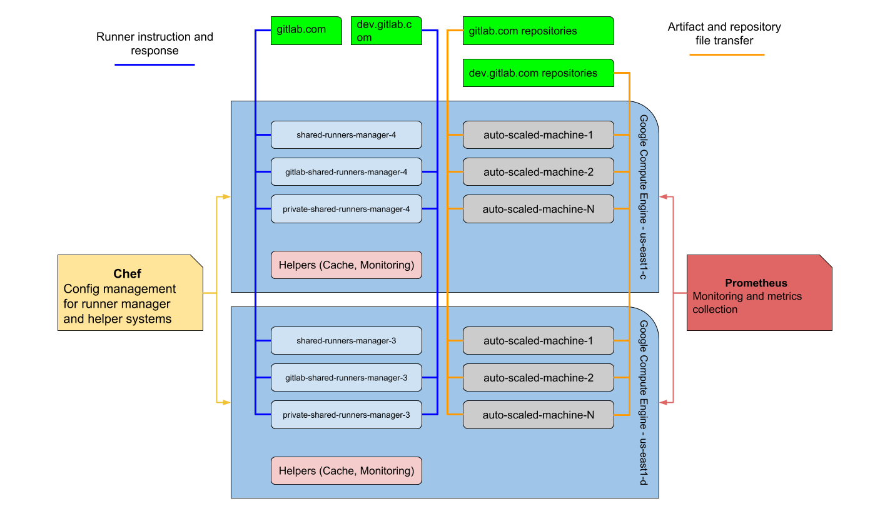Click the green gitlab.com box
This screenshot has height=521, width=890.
tap(306, 31)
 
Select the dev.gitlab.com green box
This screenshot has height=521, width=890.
tap(386, 31)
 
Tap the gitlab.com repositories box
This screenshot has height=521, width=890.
tap(538, 31)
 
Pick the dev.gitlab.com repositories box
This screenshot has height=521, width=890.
tap(538, 73)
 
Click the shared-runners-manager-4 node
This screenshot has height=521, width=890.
tap(346, 134)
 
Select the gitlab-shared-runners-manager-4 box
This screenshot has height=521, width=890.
tap(346, 171)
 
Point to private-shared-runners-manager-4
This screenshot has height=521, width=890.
tap(346, 209)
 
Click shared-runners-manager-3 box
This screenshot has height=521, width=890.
tap(346, 341)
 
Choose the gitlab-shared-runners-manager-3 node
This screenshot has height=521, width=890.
tap(346, 378)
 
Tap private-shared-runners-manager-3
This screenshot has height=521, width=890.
tap(346, 415)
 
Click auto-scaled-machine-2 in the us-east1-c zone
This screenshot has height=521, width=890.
tap(538, 171)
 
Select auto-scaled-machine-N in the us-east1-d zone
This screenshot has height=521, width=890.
tap(538, 415)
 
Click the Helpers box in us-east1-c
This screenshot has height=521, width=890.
tap(346, 265)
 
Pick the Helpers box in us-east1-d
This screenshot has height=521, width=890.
tap(346, 470)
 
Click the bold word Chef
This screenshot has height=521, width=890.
tap(127, 274)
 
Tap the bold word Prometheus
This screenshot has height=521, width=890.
tap(756, 283)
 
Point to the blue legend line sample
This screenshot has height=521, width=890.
tap(154, 64)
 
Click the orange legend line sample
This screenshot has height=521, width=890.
tap(727, 54)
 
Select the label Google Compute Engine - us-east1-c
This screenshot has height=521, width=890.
tap(644, 197)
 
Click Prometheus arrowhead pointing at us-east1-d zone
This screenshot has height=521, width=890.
tap(663, 403)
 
